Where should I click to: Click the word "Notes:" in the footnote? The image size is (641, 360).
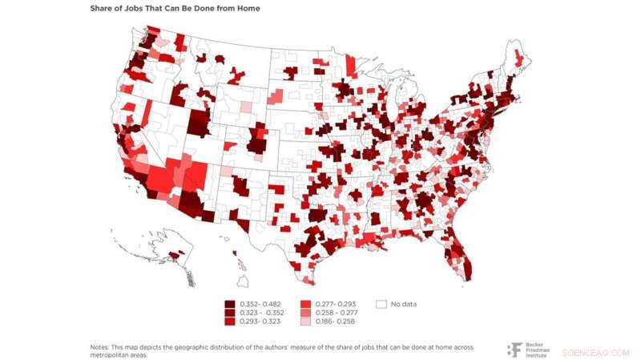pyautogui.click(x=100, y=346)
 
